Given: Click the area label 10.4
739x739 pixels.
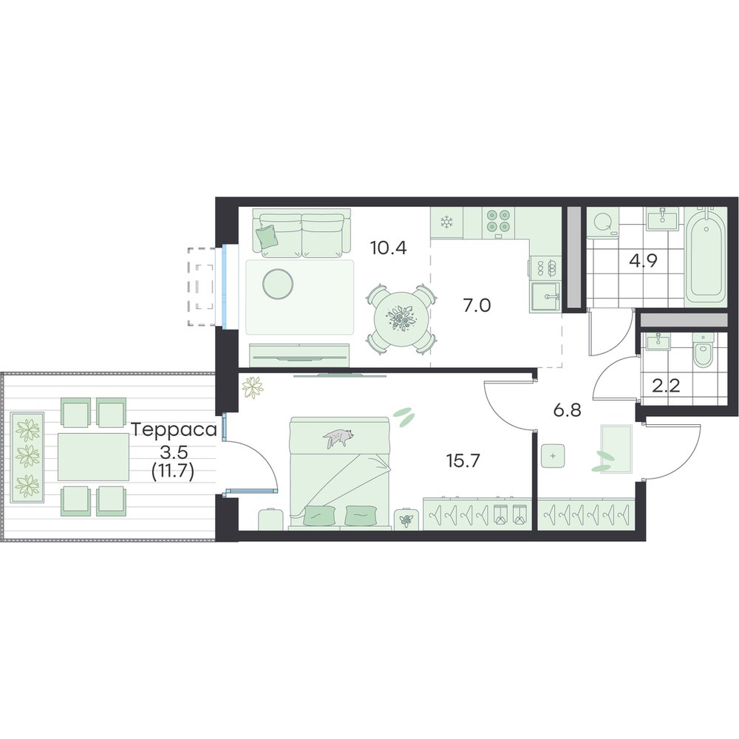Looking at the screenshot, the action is [389, 248].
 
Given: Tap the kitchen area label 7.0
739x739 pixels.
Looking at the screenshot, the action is [477, 306].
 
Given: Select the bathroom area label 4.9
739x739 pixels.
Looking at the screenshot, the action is [644, 261].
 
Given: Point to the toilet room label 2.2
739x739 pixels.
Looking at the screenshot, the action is [667, 386].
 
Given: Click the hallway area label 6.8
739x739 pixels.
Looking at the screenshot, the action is [568, 410].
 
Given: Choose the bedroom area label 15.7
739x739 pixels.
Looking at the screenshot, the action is [463, 460].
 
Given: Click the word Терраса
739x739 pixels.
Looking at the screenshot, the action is [174, 430].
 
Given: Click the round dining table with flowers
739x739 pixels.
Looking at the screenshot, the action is [401, 319].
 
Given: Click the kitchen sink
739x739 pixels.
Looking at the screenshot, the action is [546, 297].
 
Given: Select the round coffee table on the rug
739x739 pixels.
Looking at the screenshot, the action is [278, 283].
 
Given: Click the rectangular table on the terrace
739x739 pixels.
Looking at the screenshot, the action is [93, 457].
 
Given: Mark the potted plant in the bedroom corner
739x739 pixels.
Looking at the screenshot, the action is [253, 387].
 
